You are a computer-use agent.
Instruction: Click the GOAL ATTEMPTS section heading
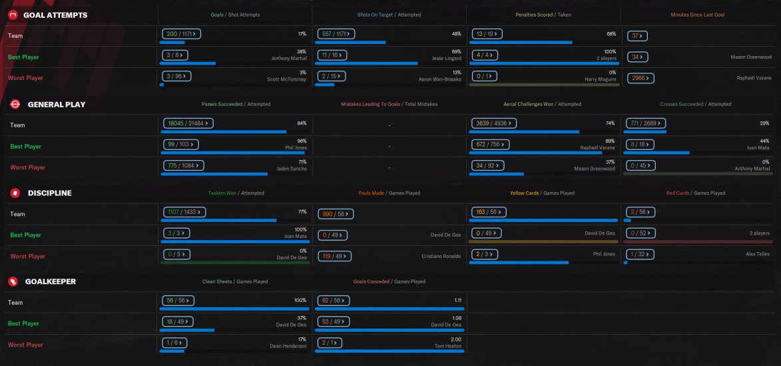point(55,15)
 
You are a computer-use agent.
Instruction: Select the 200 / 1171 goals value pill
point(181,33)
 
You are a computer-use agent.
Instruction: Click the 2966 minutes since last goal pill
point(641,78)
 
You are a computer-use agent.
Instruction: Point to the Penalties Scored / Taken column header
point(543,15)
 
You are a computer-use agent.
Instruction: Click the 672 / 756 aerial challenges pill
point(489,144)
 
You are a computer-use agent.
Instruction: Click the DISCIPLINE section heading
point(50,193)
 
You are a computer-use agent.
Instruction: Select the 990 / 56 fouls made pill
point(336,213)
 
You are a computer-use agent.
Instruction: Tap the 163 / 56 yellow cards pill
point(487,212)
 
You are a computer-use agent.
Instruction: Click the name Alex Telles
point(757,254)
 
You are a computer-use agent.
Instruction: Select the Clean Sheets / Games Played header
point(235,282)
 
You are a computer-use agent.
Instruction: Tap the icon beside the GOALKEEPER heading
point(13,281)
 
